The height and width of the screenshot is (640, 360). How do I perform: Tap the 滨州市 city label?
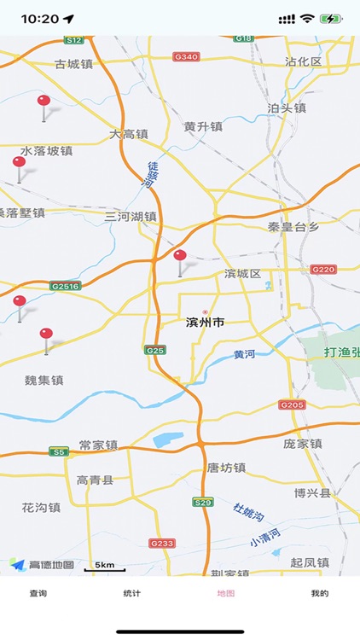pos(205,323)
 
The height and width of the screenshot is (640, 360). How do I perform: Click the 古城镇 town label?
pos(72,63)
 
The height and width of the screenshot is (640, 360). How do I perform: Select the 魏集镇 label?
pos(44,380)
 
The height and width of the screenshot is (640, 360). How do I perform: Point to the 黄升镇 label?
pos(202,126)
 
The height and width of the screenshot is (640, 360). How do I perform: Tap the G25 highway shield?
pos(154,350)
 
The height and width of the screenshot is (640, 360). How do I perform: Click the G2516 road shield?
pos(65,286)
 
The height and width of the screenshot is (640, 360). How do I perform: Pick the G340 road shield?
pos(185,56)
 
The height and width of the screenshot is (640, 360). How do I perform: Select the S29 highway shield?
pos(202,503)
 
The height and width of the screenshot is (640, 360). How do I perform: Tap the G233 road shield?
pos(161,543)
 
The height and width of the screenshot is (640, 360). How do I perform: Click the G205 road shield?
pos(291,404)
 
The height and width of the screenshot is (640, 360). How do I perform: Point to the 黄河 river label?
pos(245,354)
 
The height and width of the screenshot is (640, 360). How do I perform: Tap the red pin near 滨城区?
pos(180,258)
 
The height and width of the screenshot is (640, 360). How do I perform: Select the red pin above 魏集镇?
pos(46,336)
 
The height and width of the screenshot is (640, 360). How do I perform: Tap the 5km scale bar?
pos(105,567)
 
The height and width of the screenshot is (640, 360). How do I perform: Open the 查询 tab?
pos(38,593)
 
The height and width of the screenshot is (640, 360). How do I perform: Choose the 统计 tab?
pos(131,593)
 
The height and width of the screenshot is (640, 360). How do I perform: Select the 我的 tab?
pos(319,593)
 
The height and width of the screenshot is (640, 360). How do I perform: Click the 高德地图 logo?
pos(42,564)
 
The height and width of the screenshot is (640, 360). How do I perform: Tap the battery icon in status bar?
pos(330,19)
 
